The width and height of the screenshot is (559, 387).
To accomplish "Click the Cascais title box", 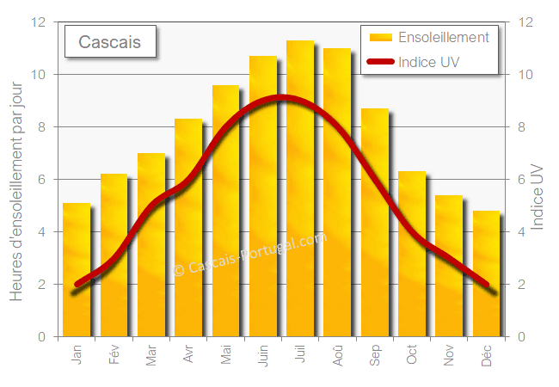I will tap(111, 41).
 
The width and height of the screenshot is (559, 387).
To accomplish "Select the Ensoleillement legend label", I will tap(444, 38).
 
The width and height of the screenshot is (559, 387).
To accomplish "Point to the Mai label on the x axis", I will tap(225, 355).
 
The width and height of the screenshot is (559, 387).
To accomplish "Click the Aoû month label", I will tap(337, 355).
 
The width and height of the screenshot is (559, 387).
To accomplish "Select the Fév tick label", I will tap(114, 355).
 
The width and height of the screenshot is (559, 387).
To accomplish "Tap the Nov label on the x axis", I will tap(449, 355).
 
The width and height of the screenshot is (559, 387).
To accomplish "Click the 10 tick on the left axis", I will tap(39, 75).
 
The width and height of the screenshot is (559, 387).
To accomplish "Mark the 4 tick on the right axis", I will tap(520, 232).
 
